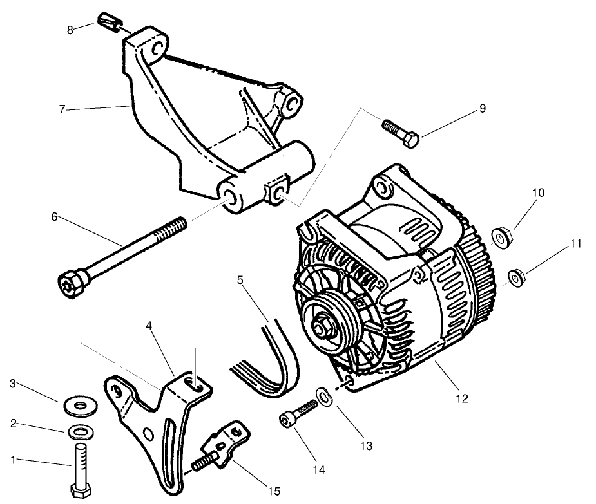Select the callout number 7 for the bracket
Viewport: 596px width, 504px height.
[x=62, y=110]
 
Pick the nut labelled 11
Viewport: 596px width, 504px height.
[x=516, y=277]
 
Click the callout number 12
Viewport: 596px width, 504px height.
[x=461, y=399]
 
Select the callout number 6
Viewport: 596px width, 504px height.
[x=54, y=217]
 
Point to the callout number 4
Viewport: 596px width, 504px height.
[x=149, y=326]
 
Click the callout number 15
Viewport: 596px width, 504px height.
[x=274, y=491]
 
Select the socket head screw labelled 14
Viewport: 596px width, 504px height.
[x=298, y=413]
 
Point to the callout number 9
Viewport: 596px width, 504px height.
[x=482, y=109]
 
